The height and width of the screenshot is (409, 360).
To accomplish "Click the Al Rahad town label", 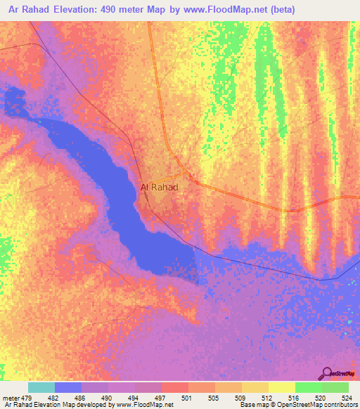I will (x=160, y=187).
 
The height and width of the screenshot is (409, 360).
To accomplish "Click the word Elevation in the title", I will (x=78, y=9).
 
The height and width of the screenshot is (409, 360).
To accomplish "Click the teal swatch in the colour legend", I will (x=41, y=387).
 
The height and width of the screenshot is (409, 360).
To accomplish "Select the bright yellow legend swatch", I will (x=281, y=387).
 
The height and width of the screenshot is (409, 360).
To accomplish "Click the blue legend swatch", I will (x=68, y=387).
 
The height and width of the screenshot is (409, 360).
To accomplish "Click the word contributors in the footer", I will (x=340, y=405).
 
